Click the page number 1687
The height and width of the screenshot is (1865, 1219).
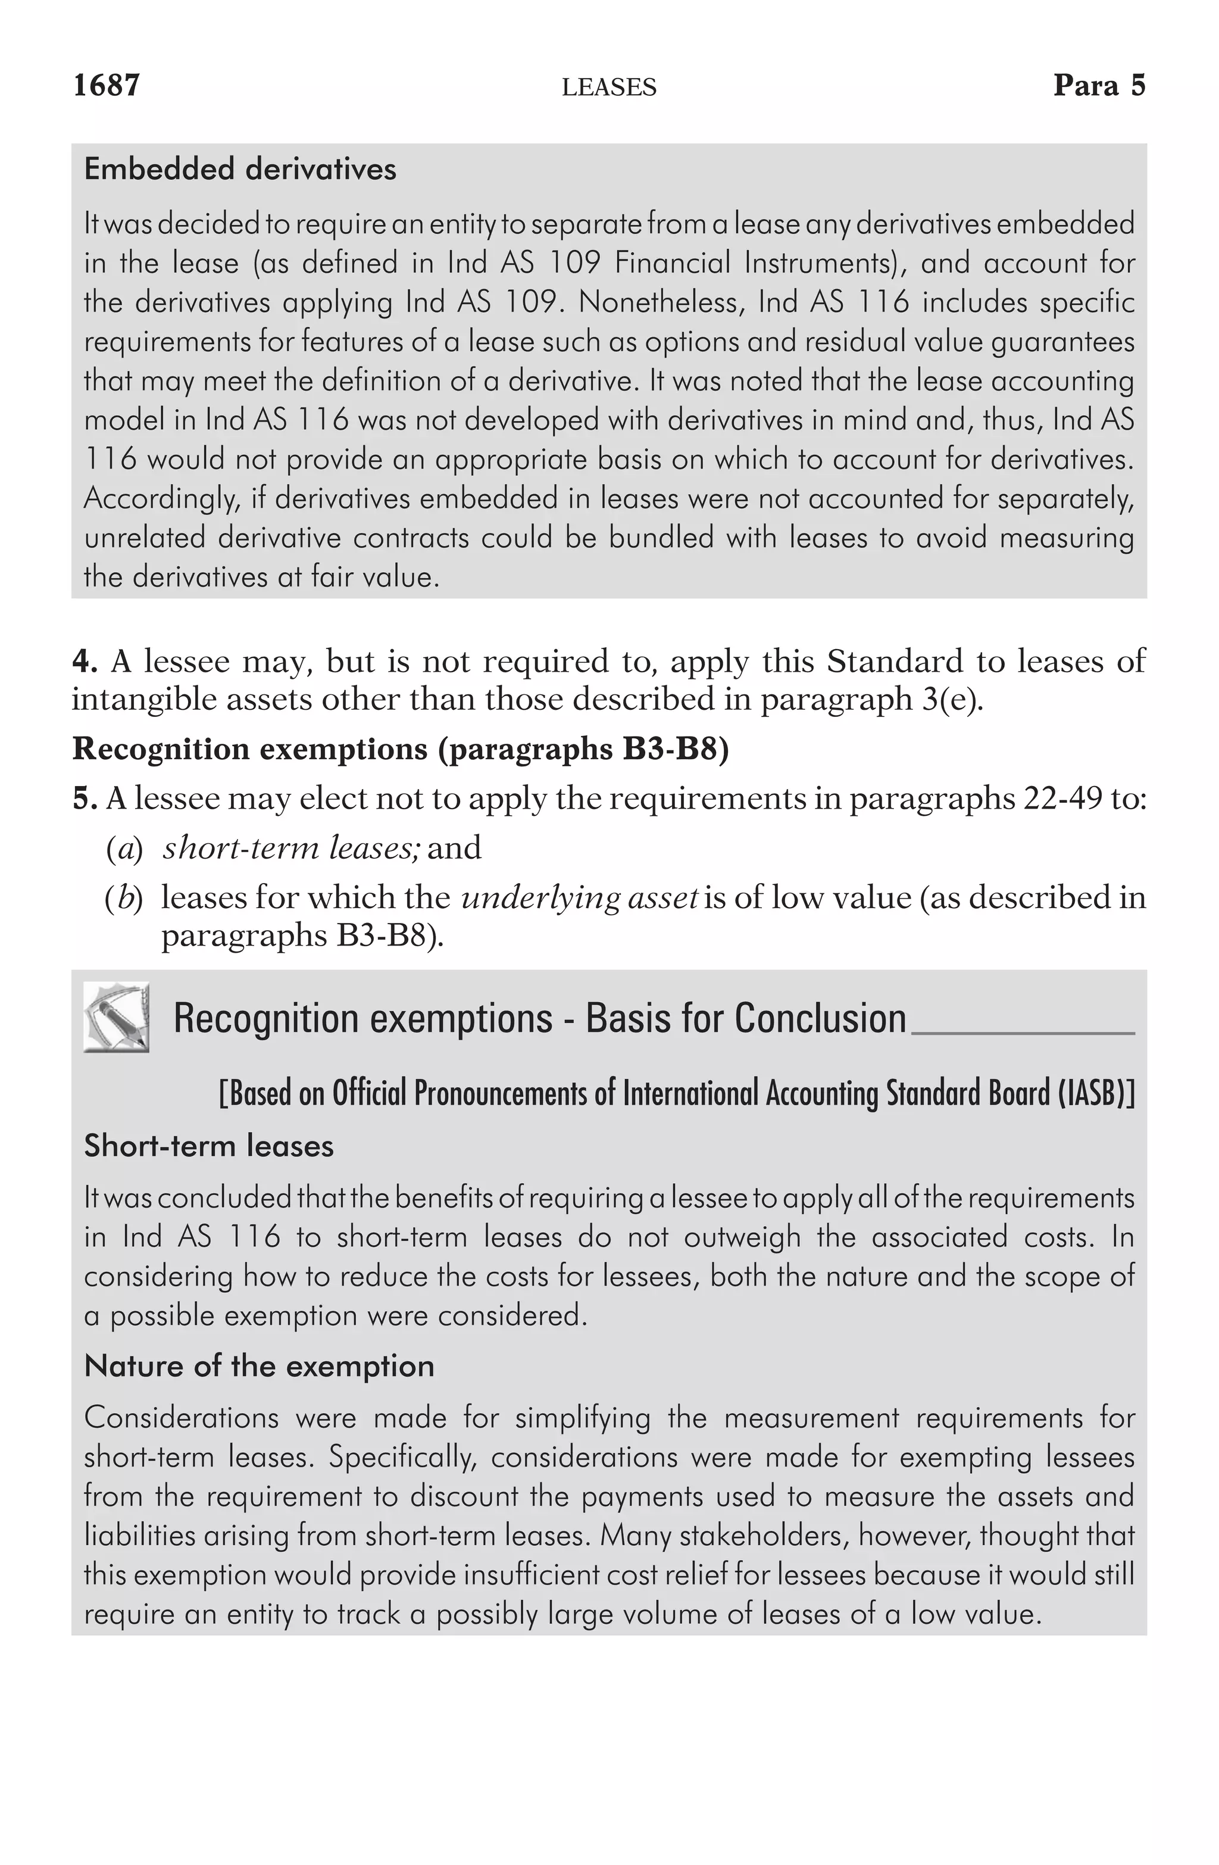pyautogui.click(x=107, y=85)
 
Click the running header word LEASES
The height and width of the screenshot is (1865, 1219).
pyautogui.click(x=609, y=87)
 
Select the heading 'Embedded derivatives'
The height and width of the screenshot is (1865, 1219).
pyautogui.click(x=240, y=169)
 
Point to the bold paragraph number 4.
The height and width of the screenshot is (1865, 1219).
pyautogui.click(x=84, y=662)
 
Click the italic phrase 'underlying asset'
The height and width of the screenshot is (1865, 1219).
pyautogui.click(x=580, y=897)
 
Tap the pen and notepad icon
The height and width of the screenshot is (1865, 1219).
pyautogui.click(x=116, y=1016)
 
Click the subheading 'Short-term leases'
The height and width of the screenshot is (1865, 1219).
pyautogui.click(x=208, y=1146)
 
